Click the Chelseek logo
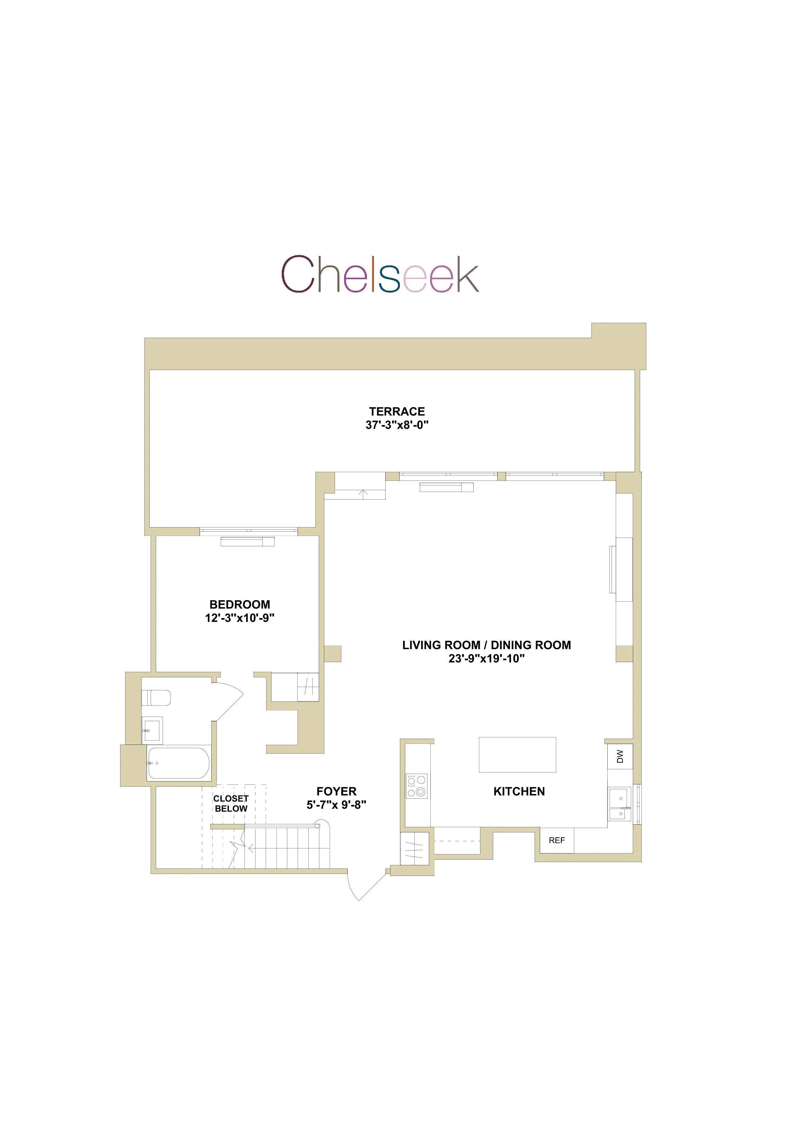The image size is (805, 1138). pos(380,274)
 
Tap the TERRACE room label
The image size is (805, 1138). pos(397,411)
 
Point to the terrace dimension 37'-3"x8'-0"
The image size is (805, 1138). pos(397,425)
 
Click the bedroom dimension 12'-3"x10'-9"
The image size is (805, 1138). pos(240,618)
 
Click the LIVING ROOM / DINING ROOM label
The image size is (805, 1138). pos(486,645)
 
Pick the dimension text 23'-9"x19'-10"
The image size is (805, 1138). pos(486,658)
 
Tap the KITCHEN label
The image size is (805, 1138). pos(519,792)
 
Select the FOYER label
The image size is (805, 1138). pos(336,792)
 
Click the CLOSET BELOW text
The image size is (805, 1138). pos(231,804)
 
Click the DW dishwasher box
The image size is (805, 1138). pos(620,757)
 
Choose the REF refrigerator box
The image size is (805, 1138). pos(556,840)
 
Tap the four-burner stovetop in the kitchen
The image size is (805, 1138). pos(417,786)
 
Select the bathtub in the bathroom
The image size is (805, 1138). pos(179,763)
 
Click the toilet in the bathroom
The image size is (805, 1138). pos(156,698)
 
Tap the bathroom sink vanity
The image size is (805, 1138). pos(152,730)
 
